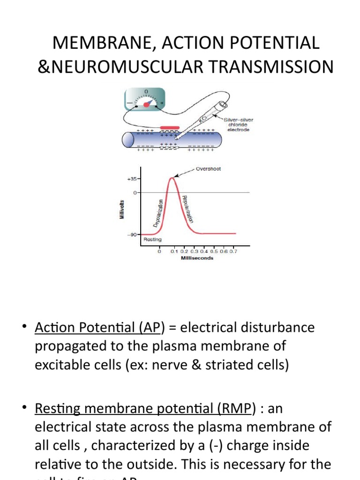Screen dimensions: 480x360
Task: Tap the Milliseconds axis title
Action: (197, 258)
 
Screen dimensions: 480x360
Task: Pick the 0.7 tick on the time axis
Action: (233, 252)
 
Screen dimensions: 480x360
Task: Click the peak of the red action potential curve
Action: (173, 177)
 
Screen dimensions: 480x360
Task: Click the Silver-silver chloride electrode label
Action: (240, 125)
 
